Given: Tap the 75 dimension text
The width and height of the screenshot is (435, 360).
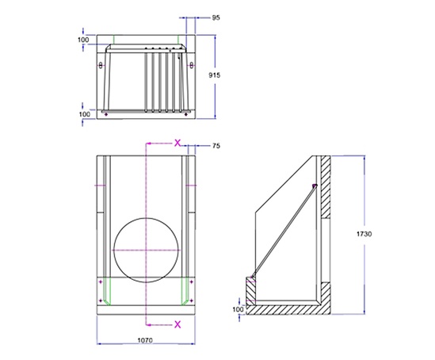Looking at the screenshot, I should [x=216, y=146].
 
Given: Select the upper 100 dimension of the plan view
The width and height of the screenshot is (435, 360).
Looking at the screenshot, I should [x=83, y=39].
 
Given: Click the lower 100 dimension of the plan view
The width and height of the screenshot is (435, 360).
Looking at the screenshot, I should [x=83, y=113].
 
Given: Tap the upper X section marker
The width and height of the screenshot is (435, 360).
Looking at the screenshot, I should [x=177, y=142].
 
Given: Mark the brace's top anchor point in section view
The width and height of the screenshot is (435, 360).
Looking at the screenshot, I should [x=315, y=186].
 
